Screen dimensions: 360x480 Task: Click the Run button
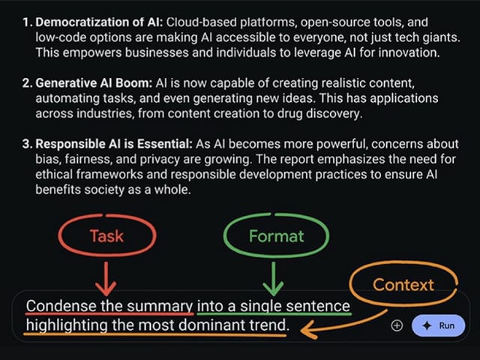[x=439, y=325]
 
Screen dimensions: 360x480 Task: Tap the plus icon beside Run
[x=397, y=325]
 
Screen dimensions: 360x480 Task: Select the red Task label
[x=106, y=236]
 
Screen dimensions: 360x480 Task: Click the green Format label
[x=276, y=236]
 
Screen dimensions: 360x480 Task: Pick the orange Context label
[x=403, y=285]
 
